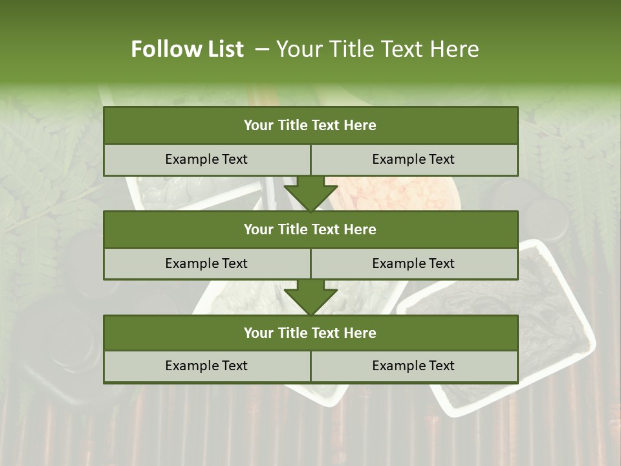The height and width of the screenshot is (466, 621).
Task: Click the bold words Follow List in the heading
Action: click(188, 49)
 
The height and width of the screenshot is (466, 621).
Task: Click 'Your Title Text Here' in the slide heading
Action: click(378, 49)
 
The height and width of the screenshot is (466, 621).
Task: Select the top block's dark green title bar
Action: click(310, 126)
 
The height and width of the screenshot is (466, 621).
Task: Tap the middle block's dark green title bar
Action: click(310, 229)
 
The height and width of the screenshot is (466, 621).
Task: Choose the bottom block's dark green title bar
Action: click(310, 333)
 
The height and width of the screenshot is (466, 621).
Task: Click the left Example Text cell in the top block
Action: click(206, 159)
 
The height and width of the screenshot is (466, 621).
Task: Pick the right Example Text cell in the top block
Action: click(413, 159)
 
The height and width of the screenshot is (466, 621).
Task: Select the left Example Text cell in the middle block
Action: click(206, 263)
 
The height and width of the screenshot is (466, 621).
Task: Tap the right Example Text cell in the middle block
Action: click(413, 263)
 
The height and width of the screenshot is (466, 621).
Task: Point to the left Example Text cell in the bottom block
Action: click(206, 366)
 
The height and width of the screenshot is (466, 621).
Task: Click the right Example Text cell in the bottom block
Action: click(413, 366)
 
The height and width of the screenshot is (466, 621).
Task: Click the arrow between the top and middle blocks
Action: click(310, 194)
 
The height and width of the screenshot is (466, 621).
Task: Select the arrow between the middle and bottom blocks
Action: click(310, 297)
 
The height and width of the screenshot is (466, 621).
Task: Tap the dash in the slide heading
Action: click(262, 49)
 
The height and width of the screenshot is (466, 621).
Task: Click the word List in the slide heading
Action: click(226, 49)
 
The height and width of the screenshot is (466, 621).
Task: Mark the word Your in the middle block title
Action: click(259, 229)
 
